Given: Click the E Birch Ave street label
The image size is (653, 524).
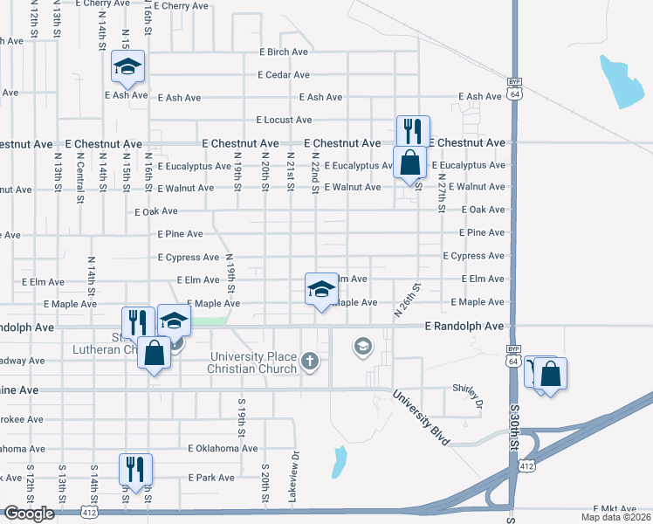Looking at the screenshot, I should tap(284, 52).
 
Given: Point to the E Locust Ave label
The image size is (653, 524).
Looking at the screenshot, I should tap(284, 120).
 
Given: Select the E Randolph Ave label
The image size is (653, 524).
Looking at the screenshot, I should tap(464, 327).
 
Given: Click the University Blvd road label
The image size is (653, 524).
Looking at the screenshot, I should tap(420, 417).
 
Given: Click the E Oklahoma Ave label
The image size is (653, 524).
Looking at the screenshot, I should tap(223, 449).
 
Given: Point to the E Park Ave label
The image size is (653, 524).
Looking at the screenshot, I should tap(211, 478).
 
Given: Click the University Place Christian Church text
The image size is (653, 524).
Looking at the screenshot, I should tap(252, 362).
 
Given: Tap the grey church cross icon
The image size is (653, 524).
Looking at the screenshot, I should tap(310, 361).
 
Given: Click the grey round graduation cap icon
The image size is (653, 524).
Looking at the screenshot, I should tap(361, 348).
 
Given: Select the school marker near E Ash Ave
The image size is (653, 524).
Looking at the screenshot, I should tap(128, 66).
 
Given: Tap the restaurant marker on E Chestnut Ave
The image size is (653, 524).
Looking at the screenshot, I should tap(411, 131).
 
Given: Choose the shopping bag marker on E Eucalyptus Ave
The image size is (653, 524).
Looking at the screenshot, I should tap(409, 162).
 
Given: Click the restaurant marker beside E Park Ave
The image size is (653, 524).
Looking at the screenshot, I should tap(135, 468).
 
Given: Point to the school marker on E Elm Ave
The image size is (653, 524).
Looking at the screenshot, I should tap(320, 288).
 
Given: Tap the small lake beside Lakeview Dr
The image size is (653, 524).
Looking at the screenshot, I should tap(339, 462).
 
